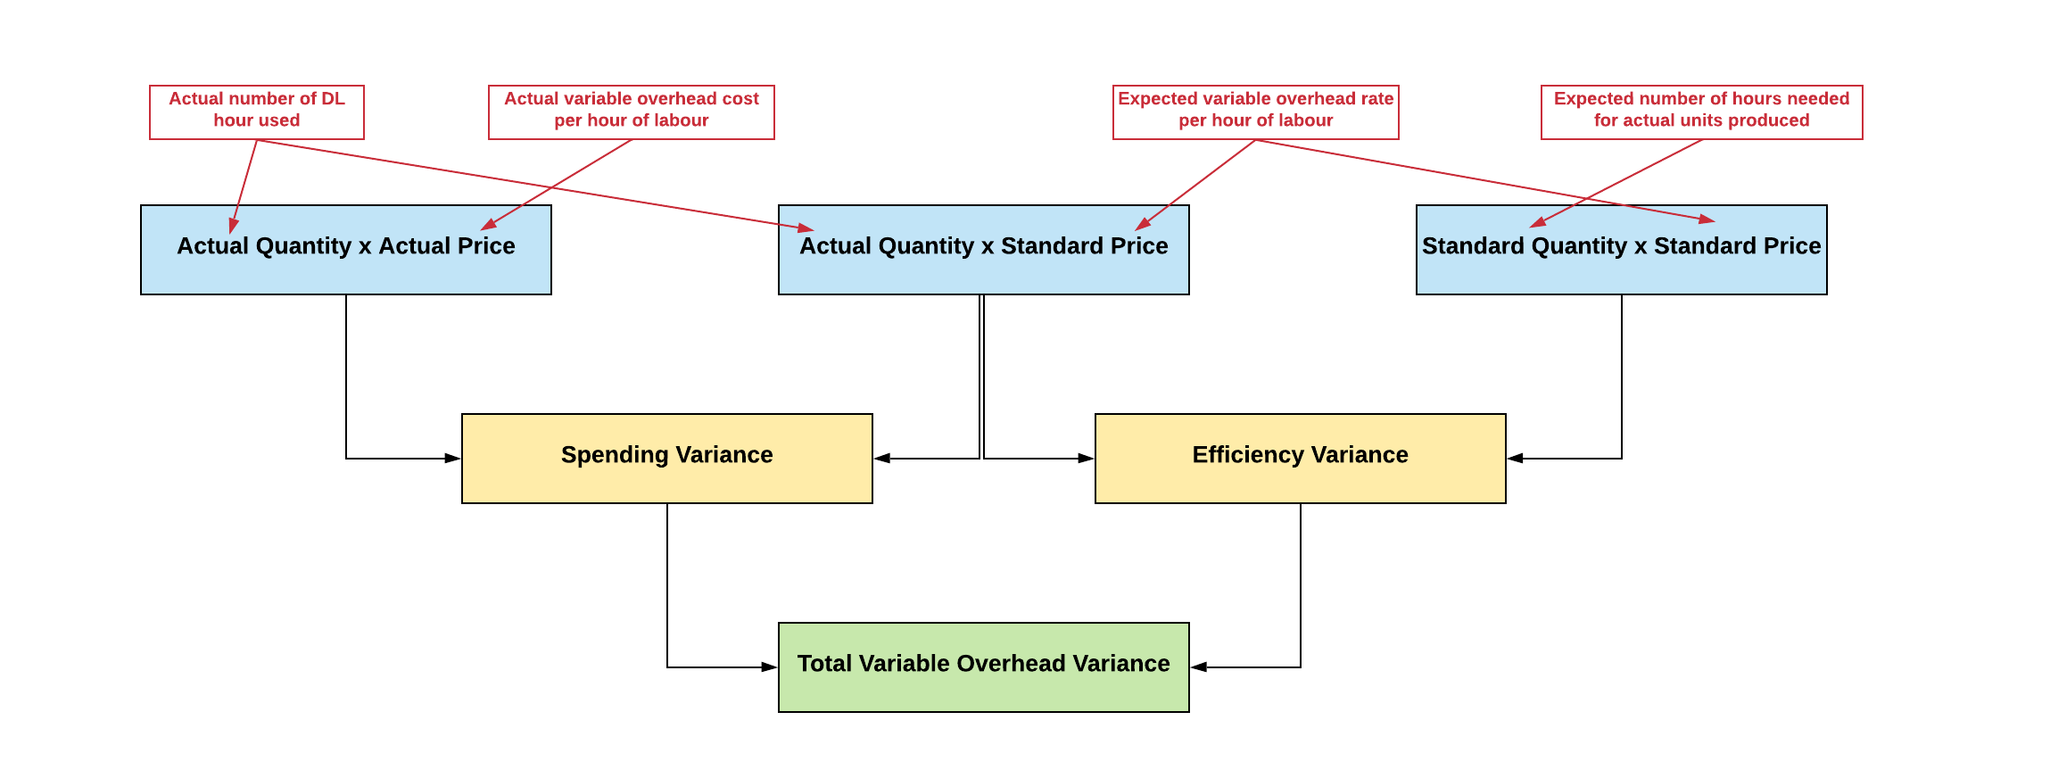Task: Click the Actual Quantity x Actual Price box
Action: [345, 272]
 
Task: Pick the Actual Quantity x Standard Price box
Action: [983, 272]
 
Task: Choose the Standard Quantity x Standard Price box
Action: [1621, 272]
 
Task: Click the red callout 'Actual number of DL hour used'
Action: [256, 112]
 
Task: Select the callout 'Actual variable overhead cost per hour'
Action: [631, 112]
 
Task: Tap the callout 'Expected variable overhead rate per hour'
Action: [1255, 112]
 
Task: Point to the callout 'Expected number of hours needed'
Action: [1701, 112]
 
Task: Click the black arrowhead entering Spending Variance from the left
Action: [453, 459]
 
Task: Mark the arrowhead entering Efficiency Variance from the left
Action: [1086, 459]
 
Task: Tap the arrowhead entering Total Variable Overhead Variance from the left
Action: [769, 667]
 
